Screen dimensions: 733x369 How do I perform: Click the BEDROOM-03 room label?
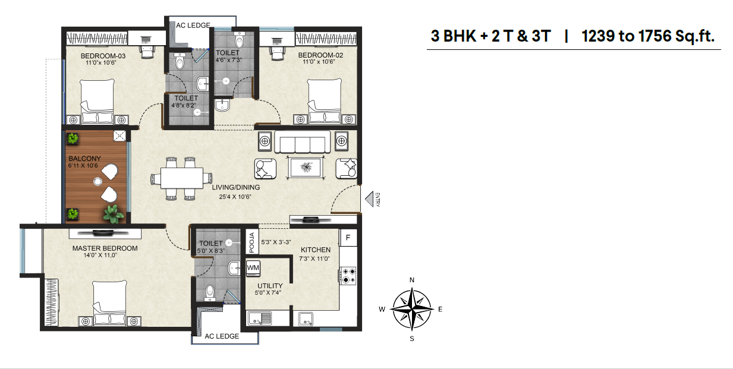point(103,56)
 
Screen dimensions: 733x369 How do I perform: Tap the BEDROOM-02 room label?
point(320,55)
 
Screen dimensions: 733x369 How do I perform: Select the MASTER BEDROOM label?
point(105,248)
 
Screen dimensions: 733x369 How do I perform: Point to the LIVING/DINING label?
point(236,187)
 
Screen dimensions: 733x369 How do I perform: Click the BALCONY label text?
point(85,158)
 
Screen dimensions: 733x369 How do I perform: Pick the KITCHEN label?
point(316,250)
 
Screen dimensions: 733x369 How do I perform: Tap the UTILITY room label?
point(270,286)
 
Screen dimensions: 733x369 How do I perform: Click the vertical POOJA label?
point(251,242)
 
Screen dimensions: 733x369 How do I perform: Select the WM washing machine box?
point(253,268)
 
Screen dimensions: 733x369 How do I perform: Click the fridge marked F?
point(348,238)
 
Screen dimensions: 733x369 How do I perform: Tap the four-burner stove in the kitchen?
point(348,276)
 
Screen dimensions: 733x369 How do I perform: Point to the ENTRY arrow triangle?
point(369,199)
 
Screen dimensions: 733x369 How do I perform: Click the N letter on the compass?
point(412,280)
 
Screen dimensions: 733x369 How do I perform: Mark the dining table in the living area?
point(182,178)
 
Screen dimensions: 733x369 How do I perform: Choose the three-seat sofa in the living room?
point(303,141)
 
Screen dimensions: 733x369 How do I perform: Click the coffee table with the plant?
point(306,168)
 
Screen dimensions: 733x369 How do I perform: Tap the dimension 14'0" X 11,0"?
point(100,255)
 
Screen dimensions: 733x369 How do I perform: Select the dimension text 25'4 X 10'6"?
point(235,197)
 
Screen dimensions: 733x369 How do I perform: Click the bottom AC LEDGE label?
point(222,336)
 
